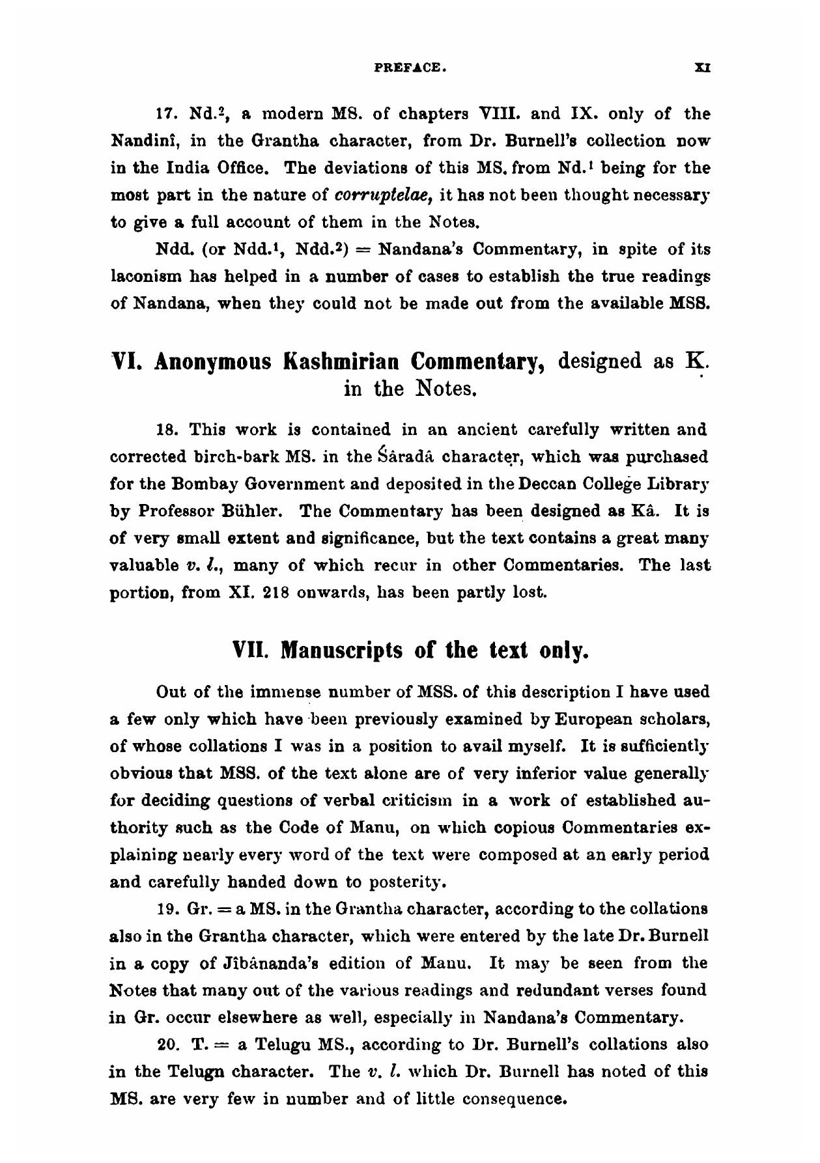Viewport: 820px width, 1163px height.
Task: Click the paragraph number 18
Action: coord(168,430)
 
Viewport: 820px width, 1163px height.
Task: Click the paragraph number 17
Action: coord(168,115)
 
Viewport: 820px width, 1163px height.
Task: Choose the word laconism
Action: coord(141,277)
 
